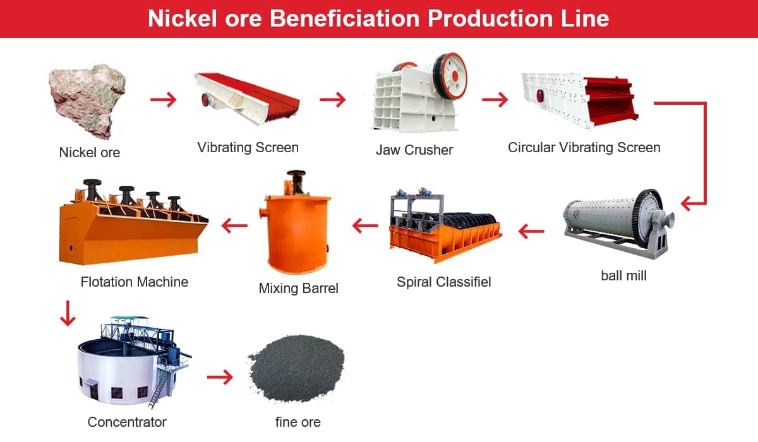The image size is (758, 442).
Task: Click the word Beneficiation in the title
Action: (x=344, y=18)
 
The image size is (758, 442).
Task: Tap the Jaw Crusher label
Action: (x=414, y=150)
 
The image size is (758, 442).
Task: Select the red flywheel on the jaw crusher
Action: (x=450, y=76)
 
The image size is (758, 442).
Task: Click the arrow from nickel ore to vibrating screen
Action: (x=164, y=99)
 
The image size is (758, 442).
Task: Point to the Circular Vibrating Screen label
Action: (x=584, y=148)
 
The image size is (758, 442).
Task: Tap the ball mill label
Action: (x=623, y=275)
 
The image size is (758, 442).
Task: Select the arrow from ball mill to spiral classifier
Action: (x=531, y=232)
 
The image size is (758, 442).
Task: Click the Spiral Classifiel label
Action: (x=443, y=282)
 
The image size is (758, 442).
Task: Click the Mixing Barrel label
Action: (x=298, y=289)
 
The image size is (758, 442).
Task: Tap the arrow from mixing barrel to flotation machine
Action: (x=234, y=225)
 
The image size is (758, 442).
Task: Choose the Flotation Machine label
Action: (x=135, y=282)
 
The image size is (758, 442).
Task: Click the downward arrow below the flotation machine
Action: (x=68, y=313)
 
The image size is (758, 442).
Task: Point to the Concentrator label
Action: (x=127, y=422)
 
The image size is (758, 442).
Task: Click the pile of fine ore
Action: (x=296, y=368)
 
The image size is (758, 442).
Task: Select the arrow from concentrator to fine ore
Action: (x=220, y=377)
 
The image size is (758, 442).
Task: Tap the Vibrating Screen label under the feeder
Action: (x=248, y=148)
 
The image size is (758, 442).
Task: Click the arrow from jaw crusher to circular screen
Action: (x=495, y=99)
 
